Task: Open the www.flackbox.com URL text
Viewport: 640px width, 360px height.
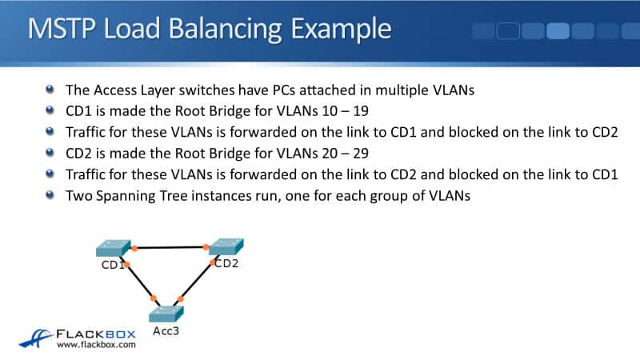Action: coord(96,346)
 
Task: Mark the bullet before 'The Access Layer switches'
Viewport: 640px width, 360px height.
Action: coord(51,90)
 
